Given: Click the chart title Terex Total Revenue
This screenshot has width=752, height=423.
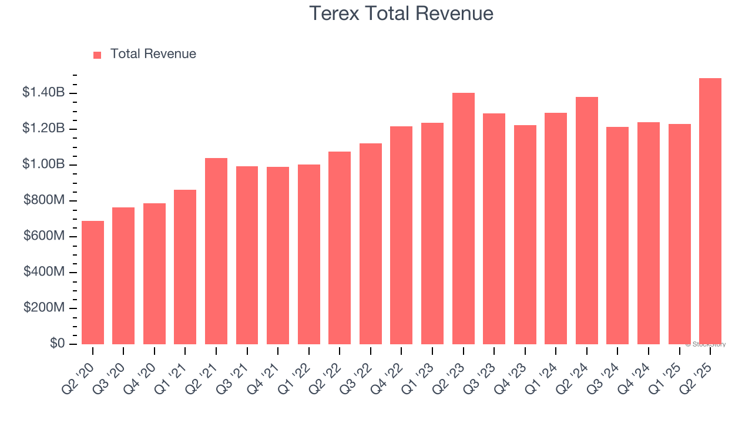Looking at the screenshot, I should click(401, 14).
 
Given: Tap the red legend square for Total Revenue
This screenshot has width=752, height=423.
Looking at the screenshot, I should click(98, 55).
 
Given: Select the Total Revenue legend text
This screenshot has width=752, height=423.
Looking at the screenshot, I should click(153, 54).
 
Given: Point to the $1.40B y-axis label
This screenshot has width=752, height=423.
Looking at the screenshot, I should click(43, 92).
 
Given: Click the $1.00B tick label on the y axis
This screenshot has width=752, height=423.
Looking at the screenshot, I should click(43, 164).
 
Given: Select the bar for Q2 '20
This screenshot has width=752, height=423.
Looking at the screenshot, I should click(93, 283).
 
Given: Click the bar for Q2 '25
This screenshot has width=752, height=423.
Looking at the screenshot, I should click(710, 211).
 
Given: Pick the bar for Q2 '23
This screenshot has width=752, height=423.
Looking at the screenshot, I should click(464, 219).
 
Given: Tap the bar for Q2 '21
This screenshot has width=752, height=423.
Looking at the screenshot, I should click(216, 251).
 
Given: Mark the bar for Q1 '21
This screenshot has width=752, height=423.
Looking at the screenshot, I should click(185, 267).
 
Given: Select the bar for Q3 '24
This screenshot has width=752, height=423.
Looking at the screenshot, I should click(617, 236).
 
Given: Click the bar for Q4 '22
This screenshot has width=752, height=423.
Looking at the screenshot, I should click(401, 236).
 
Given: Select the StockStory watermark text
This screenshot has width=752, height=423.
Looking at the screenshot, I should click(705, 344).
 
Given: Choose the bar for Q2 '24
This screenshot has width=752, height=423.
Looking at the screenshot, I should click(587, 221).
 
